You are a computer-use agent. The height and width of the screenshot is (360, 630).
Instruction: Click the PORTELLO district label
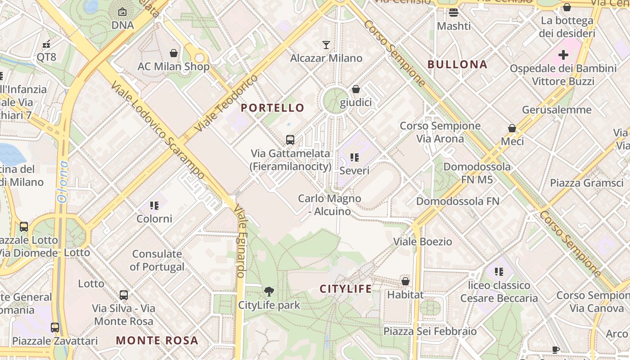click(x=273, y=108)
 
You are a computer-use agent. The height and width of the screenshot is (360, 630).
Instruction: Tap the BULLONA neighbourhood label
click(x=457, y=64)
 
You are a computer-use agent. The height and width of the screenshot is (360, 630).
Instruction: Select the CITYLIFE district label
click(x=346, y=289)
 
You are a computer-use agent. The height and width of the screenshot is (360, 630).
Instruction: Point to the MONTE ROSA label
click(x=157, y=340)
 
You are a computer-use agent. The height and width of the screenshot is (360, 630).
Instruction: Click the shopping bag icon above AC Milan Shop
click(x=174, y=53)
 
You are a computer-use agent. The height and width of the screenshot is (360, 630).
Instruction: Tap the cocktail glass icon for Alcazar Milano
click(x=326, y=45)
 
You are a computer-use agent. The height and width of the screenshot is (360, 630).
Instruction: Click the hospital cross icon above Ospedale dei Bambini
click(x=563, y=55)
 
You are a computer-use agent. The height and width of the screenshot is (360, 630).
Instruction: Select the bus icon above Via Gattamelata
click(x=290, y=140)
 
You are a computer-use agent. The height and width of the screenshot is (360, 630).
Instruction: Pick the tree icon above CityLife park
click(x=269, y=292)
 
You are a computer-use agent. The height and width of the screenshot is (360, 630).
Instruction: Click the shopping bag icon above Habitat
click(x=405, y=281)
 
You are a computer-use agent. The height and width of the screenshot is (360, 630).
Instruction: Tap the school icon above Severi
click(x=355, y=157)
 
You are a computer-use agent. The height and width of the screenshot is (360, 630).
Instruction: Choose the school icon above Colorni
click(x=154, y=206)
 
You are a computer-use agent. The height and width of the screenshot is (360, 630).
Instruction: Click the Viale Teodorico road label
click(x=226, y=103)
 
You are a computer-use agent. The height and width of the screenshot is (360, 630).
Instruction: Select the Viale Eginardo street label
click(x=240, y=241)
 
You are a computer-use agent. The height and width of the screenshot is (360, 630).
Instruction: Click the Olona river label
click(x=63, y=182)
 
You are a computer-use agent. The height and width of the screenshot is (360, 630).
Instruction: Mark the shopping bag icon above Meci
click(x=512, y=128)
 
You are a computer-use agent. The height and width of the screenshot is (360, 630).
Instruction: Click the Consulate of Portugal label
click(x=157, y=260)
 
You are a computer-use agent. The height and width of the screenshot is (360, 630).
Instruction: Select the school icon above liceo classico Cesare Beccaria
click(x=499, y=271)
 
